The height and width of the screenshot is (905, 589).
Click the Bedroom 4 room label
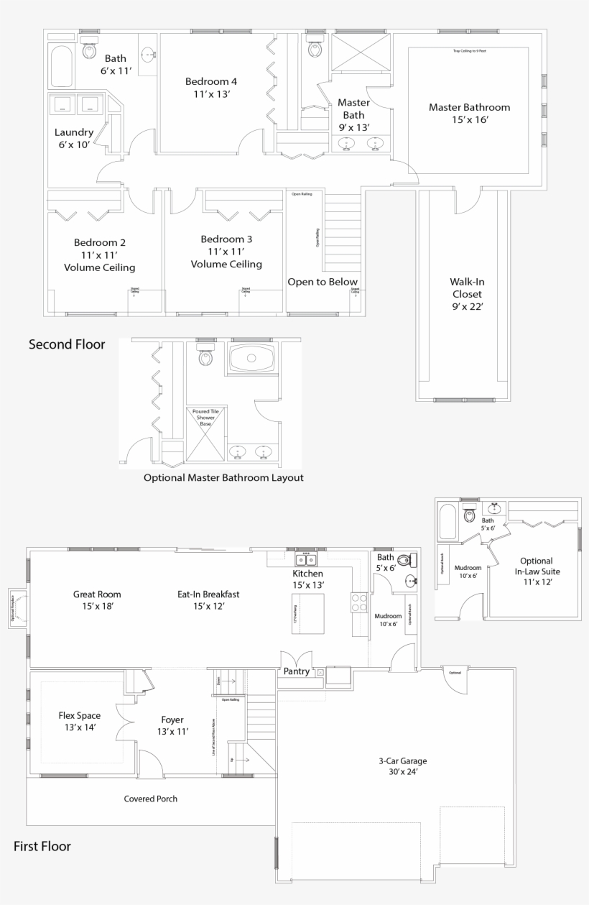pyautogui.click(x=210, y=88)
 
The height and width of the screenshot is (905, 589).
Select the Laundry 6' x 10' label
pyautogui.click(x=74, y=138)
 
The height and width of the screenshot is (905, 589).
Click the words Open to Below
pyautogui.click(x=323, y=282)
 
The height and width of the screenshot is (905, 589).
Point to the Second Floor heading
pyautogui.click(x=67, y=344)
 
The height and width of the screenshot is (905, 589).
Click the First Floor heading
pyautogui.click(x=42, y=846)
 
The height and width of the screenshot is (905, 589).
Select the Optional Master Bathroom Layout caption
pyautogui.click(x=223, y=477)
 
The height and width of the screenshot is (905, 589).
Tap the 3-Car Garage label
pyautogui.click(x=398, y=766)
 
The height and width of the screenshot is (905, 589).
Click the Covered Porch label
pyautogui.click(x=150, y=799)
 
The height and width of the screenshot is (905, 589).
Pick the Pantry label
pyautogui.click(x=297, y=671)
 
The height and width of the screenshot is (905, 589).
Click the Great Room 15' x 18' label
pyautogui.click(x=97, y=600)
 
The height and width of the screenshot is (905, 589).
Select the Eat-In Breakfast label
pyautogui.click(x=208, y=600)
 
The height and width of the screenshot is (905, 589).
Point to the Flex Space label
pyautogui.click(x=79, y=721)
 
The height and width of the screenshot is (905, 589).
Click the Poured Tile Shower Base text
pyautogui.click(x=205, y=417)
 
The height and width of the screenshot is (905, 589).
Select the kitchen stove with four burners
pyautogui.click(x=358, y=602)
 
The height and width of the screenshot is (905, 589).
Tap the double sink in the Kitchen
pyautogui.click(x=307, y=559)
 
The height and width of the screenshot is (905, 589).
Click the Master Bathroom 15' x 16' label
pyautogui.click(x=469, y=114)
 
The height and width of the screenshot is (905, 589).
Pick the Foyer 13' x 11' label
pyautogui.click(x=172, y=725)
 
